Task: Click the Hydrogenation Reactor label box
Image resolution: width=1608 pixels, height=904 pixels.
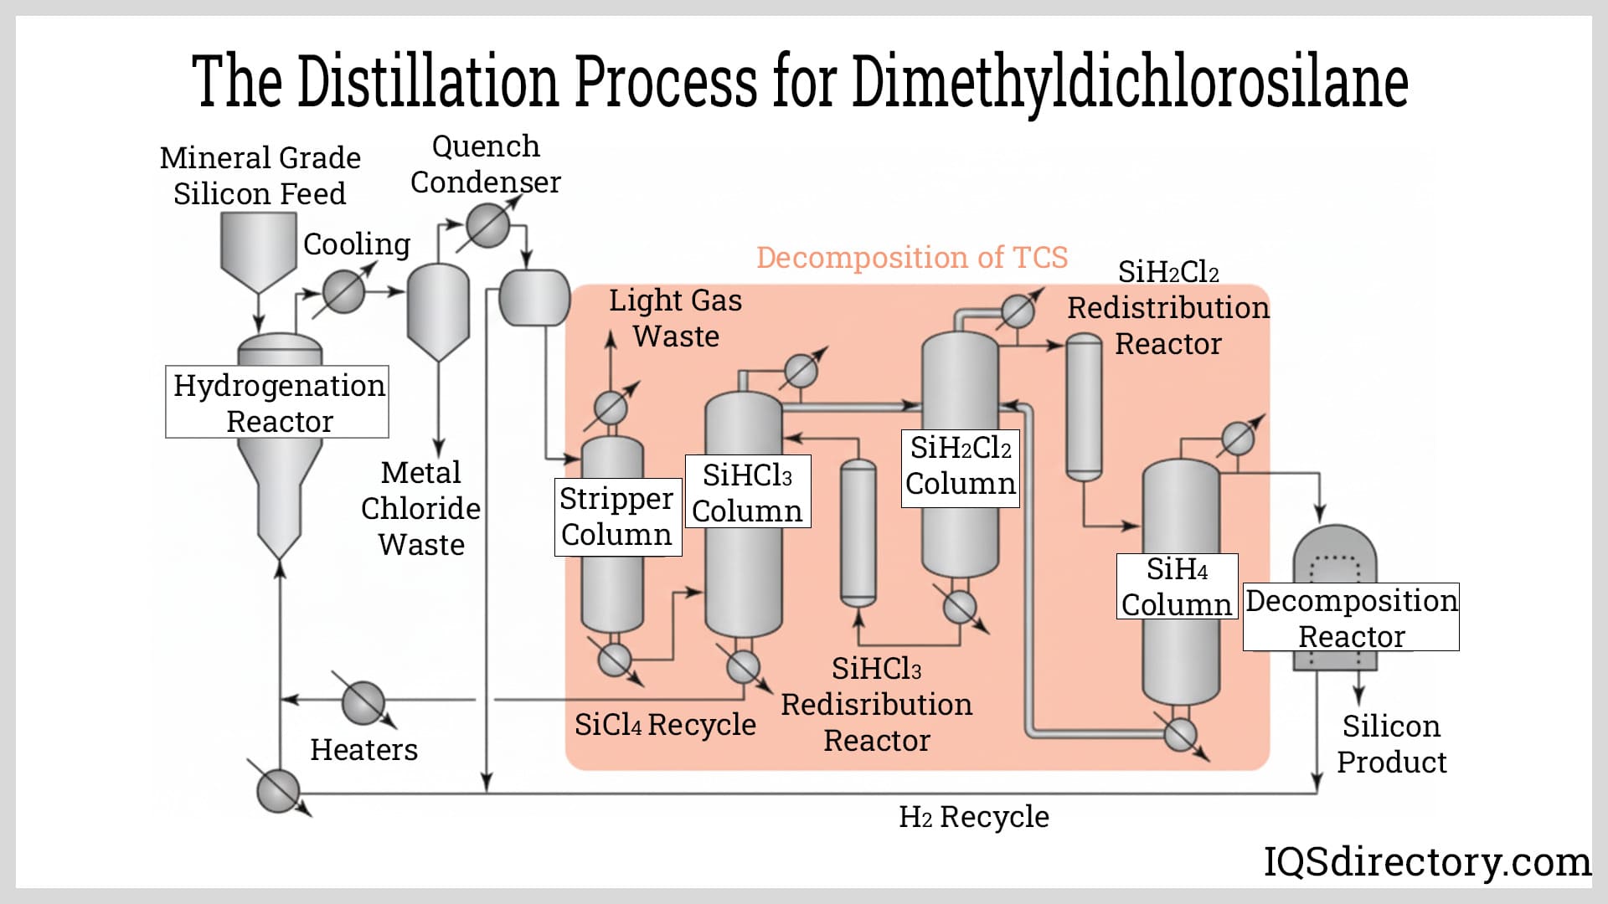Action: [x=277, y=402]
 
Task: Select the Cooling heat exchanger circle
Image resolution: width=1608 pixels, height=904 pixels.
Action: [x=343, y=292]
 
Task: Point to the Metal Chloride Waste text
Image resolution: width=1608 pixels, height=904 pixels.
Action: [x=420, y=508]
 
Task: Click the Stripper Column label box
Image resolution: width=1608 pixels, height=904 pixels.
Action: [x=617, y=516]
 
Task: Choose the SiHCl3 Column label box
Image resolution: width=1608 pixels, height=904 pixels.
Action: [x=747, y=492]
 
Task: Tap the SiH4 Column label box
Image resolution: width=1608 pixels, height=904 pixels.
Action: [x=1177, y=586]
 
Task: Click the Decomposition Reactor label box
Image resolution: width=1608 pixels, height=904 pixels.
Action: [x=1350, y=617]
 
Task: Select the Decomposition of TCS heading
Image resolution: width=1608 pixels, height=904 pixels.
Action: [x=911, y=257]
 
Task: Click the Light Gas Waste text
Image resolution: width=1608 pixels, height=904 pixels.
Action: [x=675, y=318]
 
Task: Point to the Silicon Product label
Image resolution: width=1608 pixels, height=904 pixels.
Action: [x=1391, y=743]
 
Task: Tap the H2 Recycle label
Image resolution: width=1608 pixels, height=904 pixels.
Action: [x=973, y=816]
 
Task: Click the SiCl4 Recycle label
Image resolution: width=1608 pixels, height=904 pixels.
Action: [x=665, y=724]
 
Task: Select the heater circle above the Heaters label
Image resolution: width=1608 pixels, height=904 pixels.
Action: [x=363, y=702]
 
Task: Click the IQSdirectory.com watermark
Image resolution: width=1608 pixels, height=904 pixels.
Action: [x=1426, y=861]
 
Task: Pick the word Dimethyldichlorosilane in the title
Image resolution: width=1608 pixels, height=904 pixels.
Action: [x=1130, y=82]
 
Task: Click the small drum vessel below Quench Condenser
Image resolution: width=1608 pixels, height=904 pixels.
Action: [x=533, y=298]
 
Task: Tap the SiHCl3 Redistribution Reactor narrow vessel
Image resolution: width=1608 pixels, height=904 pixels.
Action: [x=858, y=533]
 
